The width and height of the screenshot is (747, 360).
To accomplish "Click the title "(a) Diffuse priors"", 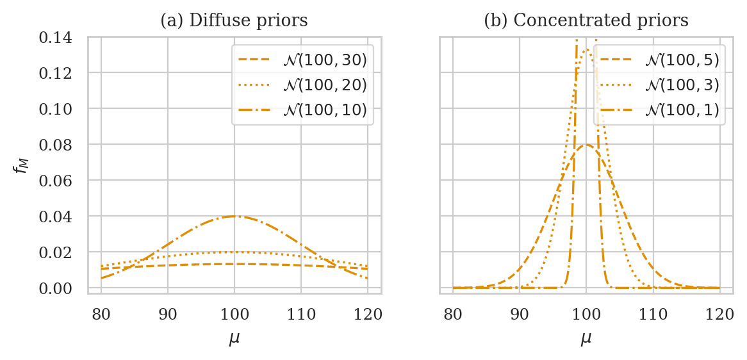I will (234, 20).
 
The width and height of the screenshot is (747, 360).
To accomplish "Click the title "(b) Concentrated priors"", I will (586, 20).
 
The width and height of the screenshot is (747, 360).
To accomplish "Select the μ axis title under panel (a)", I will (234, 338).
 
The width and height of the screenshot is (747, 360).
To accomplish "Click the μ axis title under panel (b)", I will (586, 338).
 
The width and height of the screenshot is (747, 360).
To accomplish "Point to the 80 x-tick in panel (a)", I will (101, 315).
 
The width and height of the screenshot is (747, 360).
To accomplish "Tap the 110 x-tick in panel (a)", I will (301, 315).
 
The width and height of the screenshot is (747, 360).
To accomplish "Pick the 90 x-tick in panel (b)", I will (520, 315).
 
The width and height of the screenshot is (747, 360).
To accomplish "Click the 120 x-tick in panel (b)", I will (719, 315).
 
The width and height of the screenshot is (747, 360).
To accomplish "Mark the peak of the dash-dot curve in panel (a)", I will (234, 217).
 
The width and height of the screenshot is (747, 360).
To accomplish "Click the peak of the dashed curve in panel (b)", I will (586, 145).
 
